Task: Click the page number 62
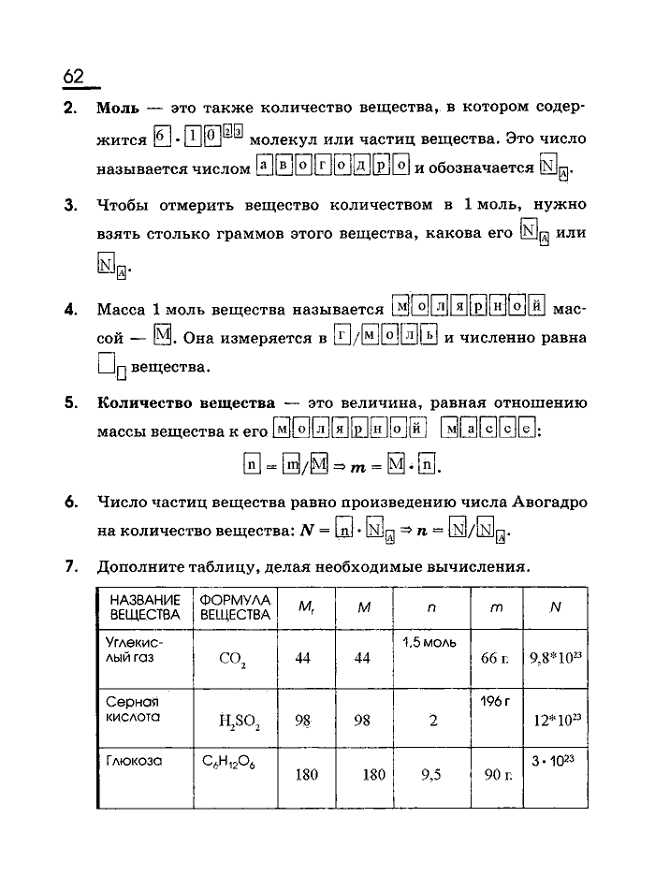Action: point(75,77)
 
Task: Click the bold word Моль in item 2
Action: point(118,108)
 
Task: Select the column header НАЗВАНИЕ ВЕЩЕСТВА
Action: point(144,607)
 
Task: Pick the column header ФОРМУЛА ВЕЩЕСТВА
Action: point(235,607)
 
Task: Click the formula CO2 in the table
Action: point(232,659)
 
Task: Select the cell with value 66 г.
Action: point(495,659)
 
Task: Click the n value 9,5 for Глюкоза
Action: point(430,775)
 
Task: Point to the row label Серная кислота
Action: point(133,709)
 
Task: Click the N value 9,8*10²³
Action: point(556,658)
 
